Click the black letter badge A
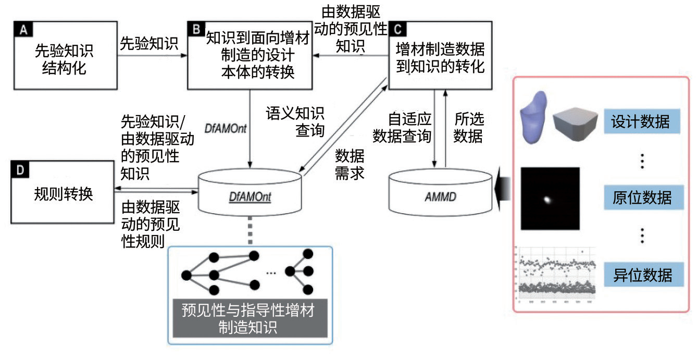23,30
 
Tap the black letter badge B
196,30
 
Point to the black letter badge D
18,170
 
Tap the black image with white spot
550,198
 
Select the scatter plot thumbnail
555,275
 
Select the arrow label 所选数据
468,128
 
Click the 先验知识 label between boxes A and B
149,44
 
